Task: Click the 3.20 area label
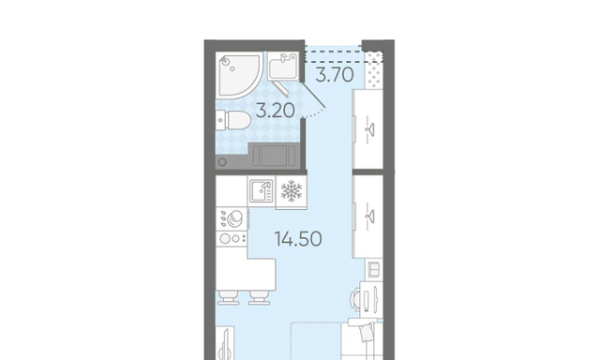pyautogui.click(x=275, y=111)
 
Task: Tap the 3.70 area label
pyautogui.click(x=335, y=75)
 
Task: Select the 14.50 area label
pyautogui.click(x=298, y=239)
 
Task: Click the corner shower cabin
pyautogui.click(x=239, y=75)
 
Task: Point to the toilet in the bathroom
pyautogui.click(x=233, y=120)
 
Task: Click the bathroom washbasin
pyautogui.click(x=283, y=67)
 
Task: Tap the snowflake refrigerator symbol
pyautogui.click(x=292, y=191)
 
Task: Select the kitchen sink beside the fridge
pyautogui.click(x=262, y=191)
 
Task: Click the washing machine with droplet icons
pyautogui.click(x=232, y=218)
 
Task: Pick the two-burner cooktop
pyautogui.click(x=232, y=239)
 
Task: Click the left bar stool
pyautogui.click(x=229, y=297)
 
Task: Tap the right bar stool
pyautogui.click(x=260, y=297)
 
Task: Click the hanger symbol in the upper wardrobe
pyautogui.click(x=369, y=130)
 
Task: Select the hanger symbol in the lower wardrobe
pyautogui.click(x=369, y=217)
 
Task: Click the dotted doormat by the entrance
pyautogui.click(x=374, y=69)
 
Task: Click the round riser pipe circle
pyautogui.click(x=222, y=162)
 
